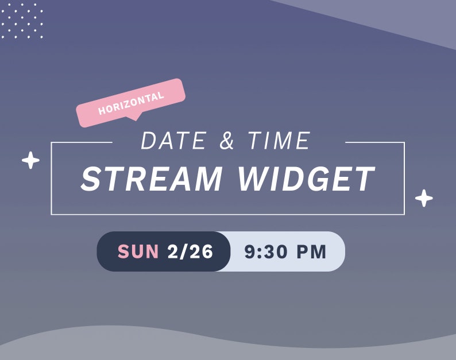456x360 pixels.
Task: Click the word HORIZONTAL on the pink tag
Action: coord(131,103)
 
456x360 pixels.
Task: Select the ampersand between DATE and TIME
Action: coord(227,142)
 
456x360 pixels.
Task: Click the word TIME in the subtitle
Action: coord(279,141)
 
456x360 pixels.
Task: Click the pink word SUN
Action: coord(138,251)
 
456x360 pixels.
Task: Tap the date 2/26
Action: coord(190,251)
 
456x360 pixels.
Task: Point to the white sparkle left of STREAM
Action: coord(30,160)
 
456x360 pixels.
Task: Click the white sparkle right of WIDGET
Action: coord(424,198)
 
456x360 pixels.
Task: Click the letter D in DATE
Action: coord(150,141)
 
